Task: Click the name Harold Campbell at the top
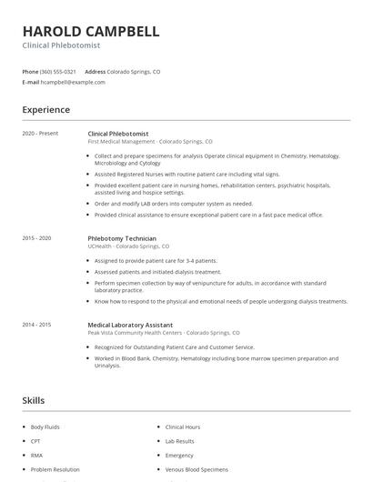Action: click(91, 32)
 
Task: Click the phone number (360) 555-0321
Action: click(58, 71)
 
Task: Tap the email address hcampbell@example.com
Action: click(73, 82)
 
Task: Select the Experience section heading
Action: click(45, 110)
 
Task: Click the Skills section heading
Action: click(33, 400)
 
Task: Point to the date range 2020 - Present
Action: click(40, 133)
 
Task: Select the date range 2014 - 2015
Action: click(36, 325)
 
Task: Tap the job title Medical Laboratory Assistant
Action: click(130, 325)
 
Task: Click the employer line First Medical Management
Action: click(150, 142)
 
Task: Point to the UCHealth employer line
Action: click(128, 246)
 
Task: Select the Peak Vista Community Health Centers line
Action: click(164, 333)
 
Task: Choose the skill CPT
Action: click(35, 441)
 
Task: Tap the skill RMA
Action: click(36, 456)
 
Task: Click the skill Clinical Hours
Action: click(182, 427)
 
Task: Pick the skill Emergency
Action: click(179, 456)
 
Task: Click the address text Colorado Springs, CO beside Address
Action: click(134, 71)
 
